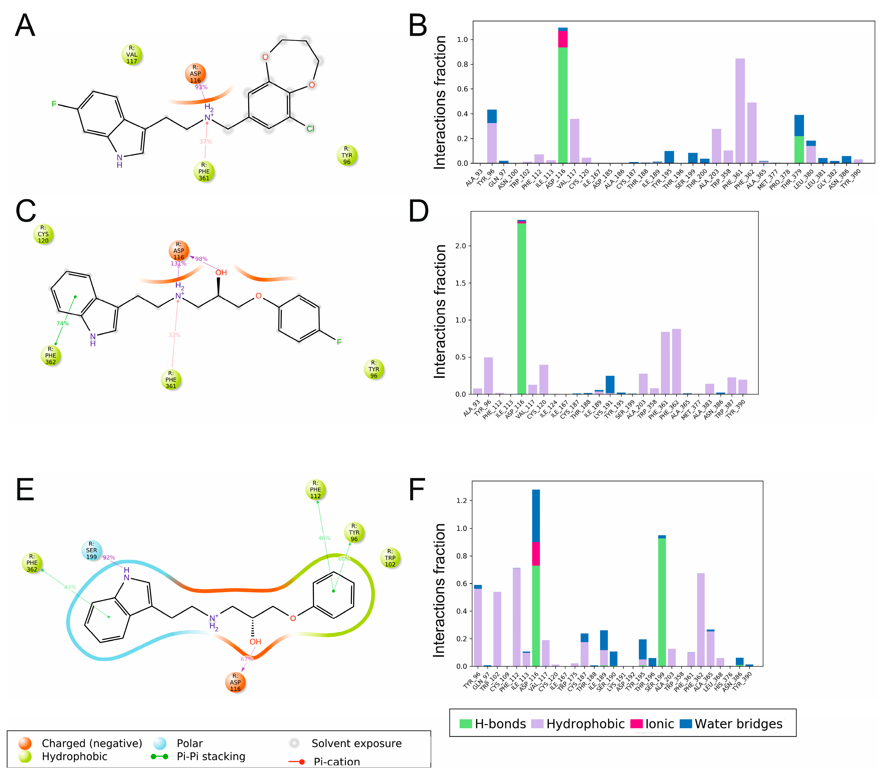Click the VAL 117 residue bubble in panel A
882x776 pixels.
point(132,55)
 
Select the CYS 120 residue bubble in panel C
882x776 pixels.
point(43,234)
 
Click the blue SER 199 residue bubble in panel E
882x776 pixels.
point(92,550)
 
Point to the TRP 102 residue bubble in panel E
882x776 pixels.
point(390,558)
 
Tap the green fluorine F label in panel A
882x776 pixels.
point(54,104)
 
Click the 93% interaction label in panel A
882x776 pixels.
point(201,87)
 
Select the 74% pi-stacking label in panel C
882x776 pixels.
point(63,323)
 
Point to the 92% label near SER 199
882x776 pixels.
point(109,558)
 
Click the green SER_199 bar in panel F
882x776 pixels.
point(662,602)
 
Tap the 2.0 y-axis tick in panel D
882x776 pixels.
point(461,246)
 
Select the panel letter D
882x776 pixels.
point(418,211)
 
